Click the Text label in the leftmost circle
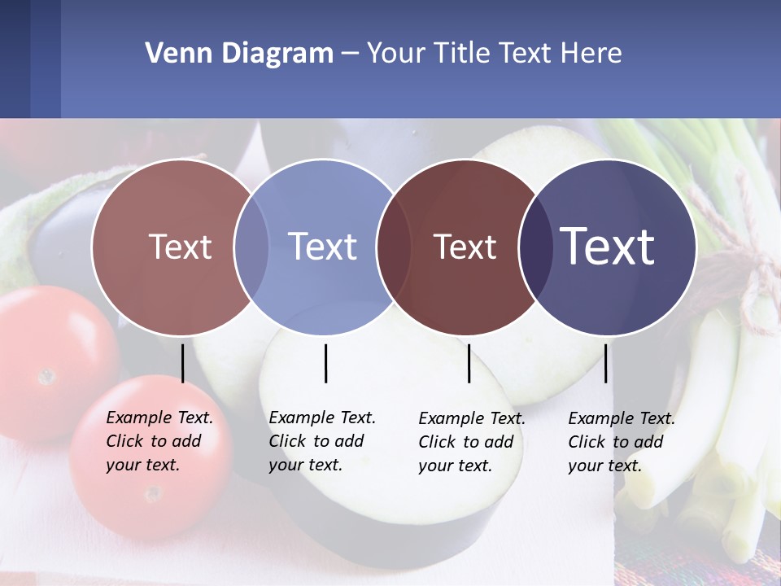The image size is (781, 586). (180, 247)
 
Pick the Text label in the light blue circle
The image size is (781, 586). (323, 247)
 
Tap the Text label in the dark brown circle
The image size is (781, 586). (465, 247)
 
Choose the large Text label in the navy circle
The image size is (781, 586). (608, 246)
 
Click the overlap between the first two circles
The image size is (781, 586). (251, 247)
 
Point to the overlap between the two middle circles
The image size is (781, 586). (394, 247)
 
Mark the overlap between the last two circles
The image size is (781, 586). (535, 247)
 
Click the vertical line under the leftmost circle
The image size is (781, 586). (182, 363)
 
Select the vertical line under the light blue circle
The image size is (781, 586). (325, 363)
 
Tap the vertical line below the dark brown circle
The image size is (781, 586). (469, 363)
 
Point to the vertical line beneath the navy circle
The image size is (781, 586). (605, 363)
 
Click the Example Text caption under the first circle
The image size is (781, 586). (159, 441)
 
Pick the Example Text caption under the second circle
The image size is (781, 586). (322, 441)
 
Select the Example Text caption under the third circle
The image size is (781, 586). (472, 442)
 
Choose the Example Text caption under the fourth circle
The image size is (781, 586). (622, 442)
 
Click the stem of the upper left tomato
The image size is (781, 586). (46, 376)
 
